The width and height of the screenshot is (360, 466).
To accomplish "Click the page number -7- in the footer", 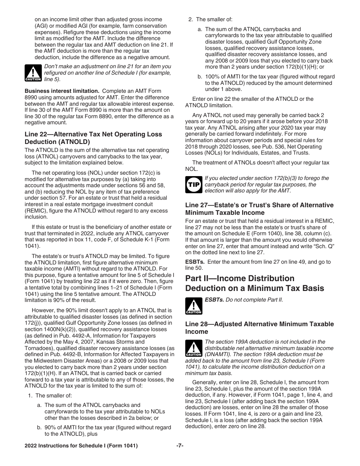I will click(x=180, y=446).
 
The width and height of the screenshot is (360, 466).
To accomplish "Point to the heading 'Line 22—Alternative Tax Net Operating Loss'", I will click(x=93, y=134).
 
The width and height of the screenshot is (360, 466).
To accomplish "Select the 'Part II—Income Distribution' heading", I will click(x=239, y=278).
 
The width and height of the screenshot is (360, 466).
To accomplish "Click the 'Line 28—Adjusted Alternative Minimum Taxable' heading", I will click(x=259, y=324).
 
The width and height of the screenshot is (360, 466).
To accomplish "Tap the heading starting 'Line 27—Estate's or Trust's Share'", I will click(x=259, y=205).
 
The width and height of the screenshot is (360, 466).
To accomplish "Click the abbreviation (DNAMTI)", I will click(x=219, y=354).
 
